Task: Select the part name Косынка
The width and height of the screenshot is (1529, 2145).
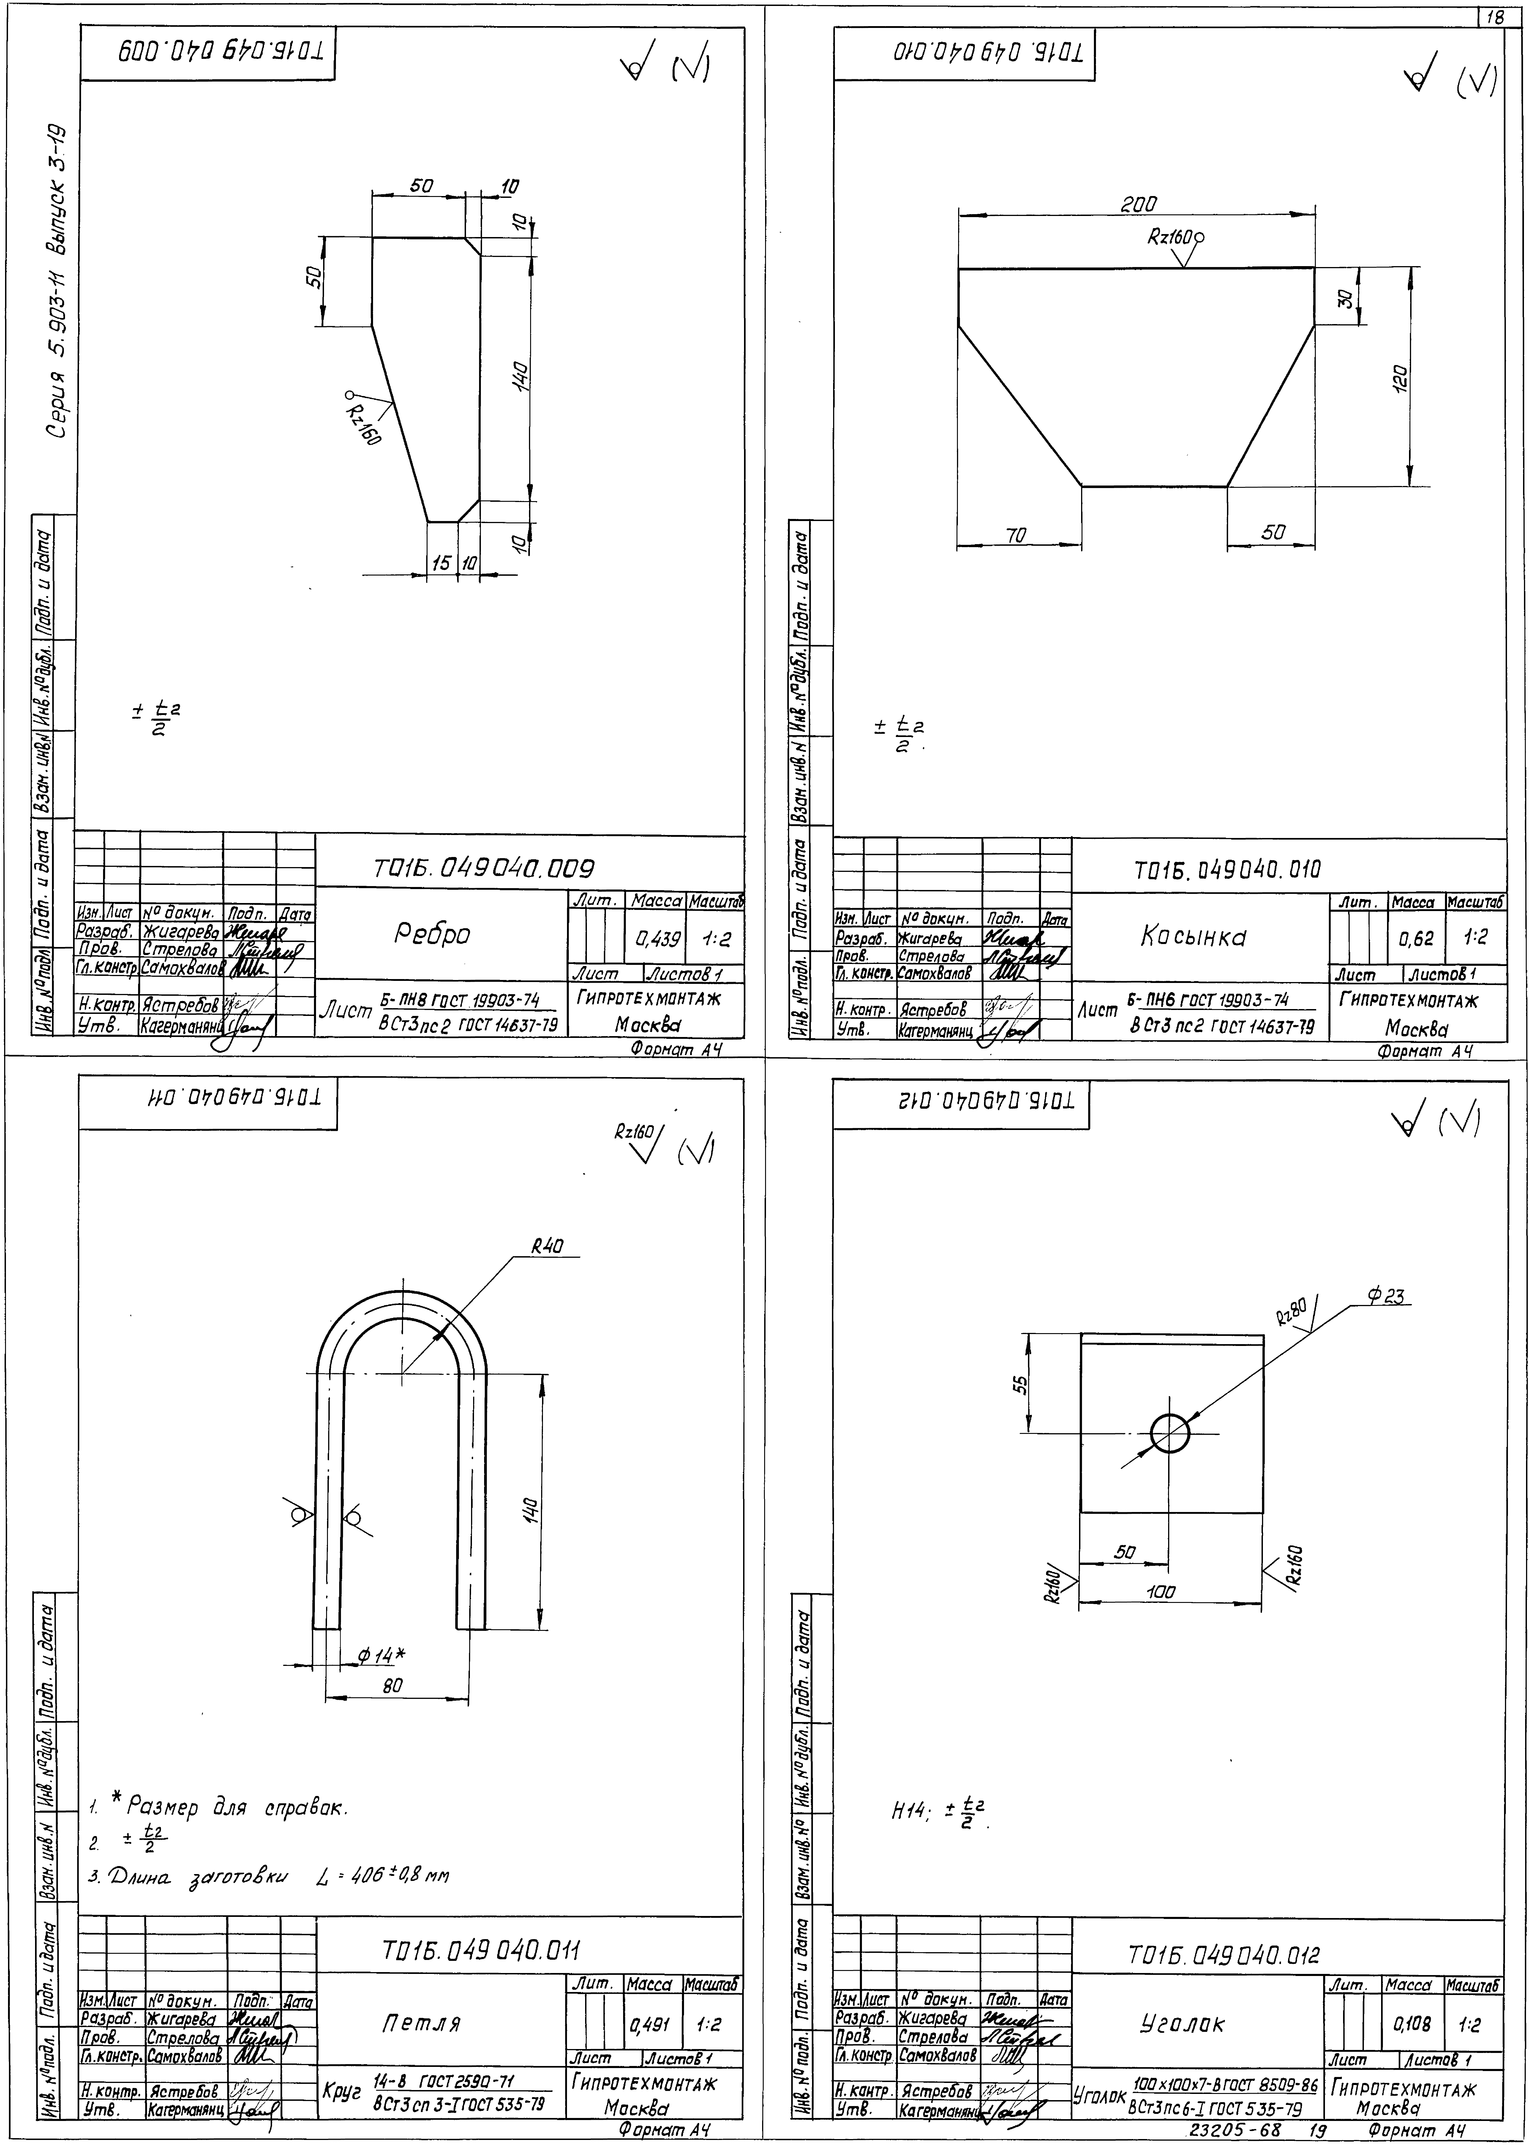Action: pyautogui.click(x=1193, y=937)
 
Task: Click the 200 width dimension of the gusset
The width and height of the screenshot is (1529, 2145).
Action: pyautogui.click(x=1138, y=205)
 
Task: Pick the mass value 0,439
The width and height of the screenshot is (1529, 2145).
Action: pyautogui.click(x=657, y=939)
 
